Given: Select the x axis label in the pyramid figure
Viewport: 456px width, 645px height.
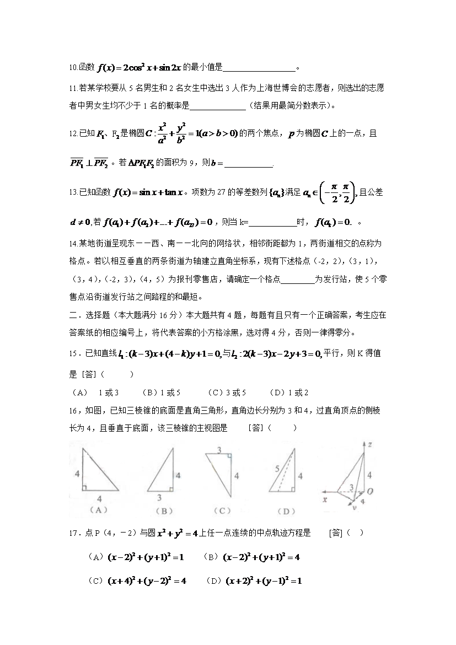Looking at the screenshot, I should point(325,499).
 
